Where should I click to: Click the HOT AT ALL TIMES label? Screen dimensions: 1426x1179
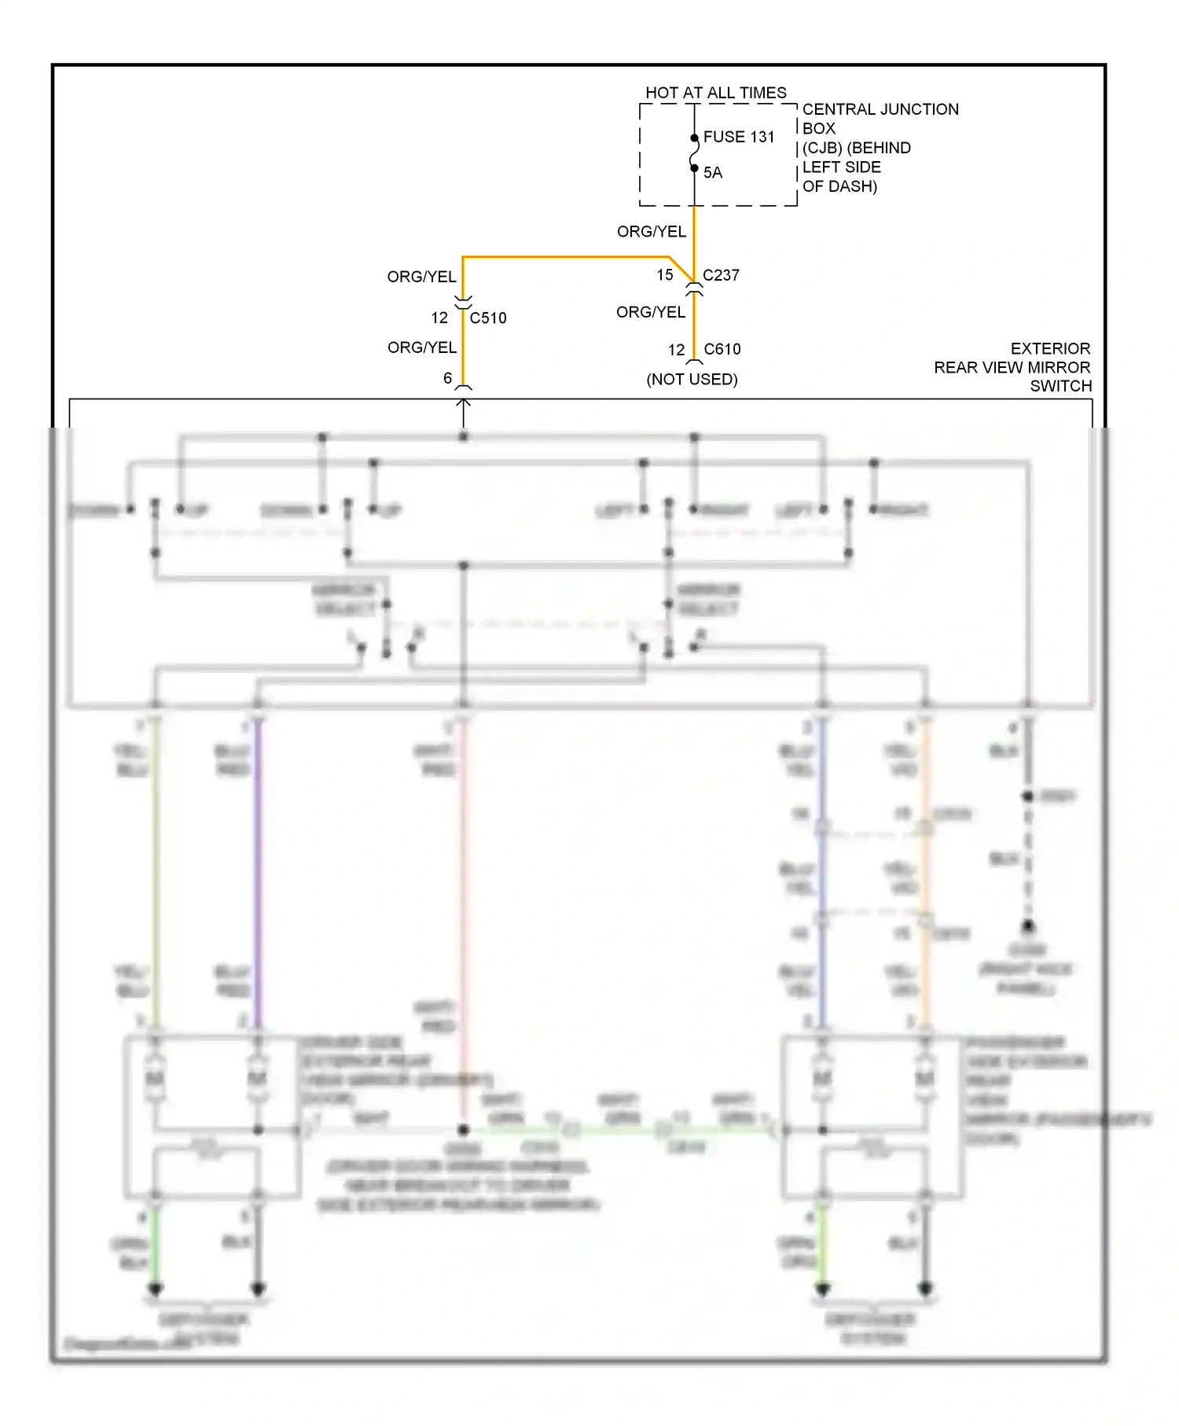pyautogui.click(x=715, y=93)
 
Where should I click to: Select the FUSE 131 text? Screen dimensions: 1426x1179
pyautogui.click(x=738, y=137)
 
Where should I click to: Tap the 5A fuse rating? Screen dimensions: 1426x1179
pyautogui.click(x=712, y=173)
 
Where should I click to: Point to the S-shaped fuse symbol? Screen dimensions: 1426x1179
pyautogui.click(x=694, y=153)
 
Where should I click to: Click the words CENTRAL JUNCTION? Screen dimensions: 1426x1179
pyautogui.click(x=880, y=109)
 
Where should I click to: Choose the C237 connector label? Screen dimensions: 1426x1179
pyautogui.click(x=721, y=275)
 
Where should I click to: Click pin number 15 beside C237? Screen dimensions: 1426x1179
pyautogui.click(x=665, y=275)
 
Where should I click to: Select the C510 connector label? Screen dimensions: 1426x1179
pyautogui.click(x=487, y=318)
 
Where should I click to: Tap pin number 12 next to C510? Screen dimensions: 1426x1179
pyautogui.click(x=439, y=318)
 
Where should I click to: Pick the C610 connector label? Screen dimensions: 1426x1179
pyautogui.click(x=722, y=349)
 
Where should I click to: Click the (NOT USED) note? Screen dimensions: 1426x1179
pyautogui.click(x=692, y=380)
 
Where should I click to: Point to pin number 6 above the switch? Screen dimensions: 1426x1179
pyautogui.click(x=447, y=379)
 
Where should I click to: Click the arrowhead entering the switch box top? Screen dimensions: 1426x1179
pyautogui.click(x=464, y=403)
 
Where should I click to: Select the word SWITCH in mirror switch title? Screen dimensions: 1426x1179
pyautogui.click(x=1060, y=386)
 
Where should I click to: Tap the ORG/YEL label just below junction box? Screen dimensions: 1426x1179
pyautogui.click(x=651, y=232)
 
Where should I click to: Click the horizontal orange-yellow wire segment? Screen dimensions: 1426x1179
pyautogui.click(x=566, y=257)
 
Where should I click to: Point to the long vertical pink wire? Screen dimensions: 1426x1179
pyautogui.click(x=464, y=904)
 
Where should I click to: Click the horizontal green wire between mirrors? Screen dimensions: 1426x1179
pyautogui.click(x=621, y=1130)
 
